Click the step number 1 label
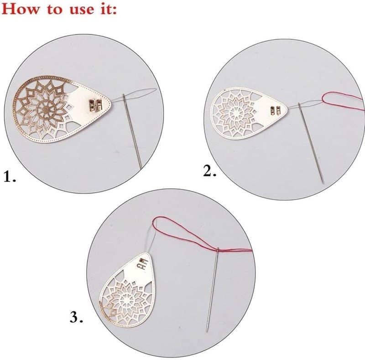(10, 176)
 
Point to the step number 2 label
(210, 171)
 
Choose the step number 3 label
(76, 317)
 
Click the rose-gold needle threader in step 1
(62, 109)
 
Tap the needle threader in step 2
(249, 113)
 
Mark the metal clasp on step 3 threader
(143, 264)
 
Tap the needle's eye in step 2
(300, 106)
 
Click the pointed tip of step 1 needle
(141, 168)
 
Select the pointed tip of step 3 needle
(207, 331)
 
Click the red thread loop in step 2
(342, 100)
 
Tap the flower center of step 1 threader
(44, 108)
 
